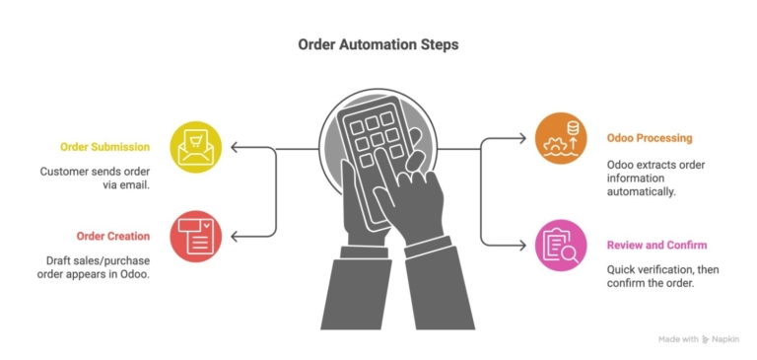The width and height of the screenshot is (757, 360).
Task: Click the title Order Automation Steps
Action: pyautogui.click(x=378, y=45)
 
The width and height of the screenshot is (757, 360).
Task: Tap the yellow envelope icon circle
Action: pyautogui.click(x=195, y=147)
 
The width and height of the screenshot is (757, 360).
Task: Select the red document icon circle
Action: pyautogui.click(x=195, y=236)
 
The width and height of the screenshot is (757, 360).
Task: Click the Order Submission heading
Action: pyautogui.click(x=104, y=147)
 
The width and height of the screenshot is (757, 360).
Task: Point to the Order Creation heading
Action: pyautogui.click(x=113, y=236)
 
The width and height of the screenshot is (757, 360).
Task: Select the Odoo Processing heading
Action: pyautogui.click(x=650, y=138)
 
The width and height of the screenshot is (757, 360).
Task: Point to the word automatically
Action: pyautogui.click(x=642, y=191)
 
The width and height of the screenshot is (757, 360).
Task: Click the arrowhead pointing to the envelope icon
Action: pyautogui.click(x=234, y=148)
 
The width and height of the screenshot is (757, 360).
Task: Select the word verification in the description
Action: pyautogui.click(x=672, y=268)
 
